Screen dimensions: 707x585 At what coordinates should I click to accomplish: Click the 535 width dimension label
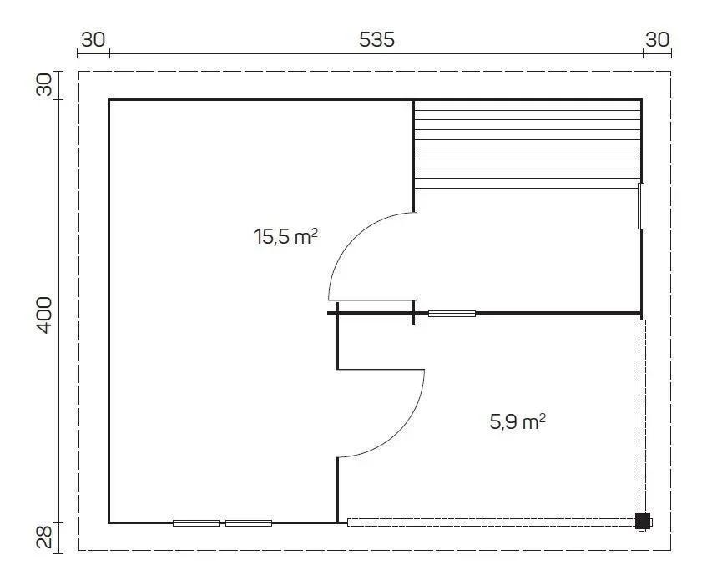point(376,40)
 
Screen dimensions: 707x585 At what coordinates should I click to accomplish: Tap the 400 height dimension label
point(43,315)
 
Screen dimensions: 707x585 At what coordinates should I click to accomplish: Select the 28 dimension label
point(44,537)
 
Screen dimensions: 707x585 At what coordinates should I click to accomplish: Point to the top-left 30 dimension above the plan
point(93,40)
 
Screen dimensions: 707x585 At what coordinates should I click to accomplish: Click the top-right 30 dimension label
point(658,40)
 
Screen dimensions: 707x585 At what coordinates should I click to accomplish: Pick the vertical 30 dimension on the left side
point(44,85)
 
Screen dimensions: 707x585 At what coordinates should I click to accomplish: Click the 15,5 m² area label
point(285,236)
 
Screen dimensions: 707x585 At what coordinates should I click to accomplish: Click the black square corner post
point(643,522)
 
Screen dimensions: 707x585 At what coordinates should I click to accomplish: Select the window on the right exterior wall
point(641,206)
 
